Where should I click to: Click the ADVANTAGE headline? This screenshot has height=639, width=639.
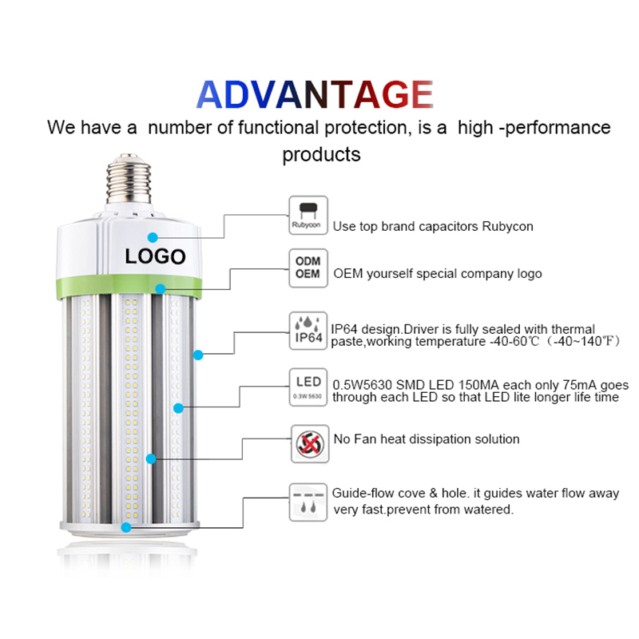tap(315, 94)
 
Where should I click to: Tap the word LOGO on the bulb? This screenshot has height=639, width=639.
tap(155, 256)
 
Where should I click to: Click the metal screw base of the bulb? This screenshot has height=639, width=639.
tap(129, 179)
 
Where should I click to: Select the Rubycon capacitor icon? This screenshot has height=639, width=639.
tap(308, 215)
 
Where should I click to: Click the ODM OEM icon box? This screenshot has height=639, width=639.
tap(308, 268)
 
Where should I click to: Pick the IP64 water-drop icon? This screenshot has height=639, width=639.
tap(308, 331)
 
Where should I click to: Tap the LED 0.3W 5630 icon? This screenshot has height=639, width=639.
tap(308, 387)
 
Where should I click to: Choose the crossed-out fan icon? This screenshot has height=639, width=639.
tap(310, 444)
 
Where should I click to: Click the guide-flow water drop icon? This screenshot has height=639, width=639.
tap(308, 502)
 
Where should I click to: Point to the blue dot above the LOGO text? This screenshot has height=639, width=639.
tap(153, 237)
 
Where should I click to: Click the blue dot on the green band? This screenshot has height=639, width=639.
tap(161, 289)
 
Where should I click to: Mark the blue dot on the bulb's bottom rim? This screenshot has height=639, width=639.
tap(126, 527)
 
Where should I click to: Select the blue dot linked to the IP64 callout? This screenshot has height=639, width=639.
tap(198, 355)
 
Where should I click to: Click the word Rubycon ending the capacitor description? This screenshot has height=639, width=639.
tap(507, 227)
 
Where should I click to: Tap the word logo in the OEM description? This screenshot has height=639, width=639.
tap(530, 274)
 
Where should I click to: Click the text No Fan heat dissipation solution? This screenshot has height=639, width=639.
tap(427, 439)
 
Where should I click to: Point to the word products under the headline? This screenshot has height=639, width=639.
tap(322, 155)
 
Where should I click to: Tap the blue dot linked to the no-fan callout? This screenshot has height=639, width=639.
tap(151, 458)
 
